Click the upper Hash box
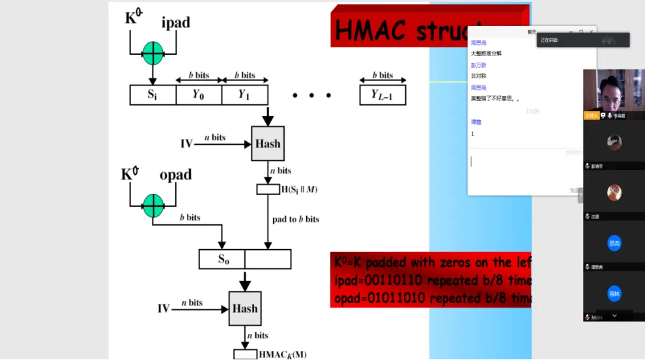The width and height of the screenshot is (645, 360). coord(268,143)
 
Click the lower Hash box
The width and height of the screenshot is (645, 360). coord(245,308)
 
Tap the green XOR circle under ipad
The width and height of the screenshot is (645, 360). coord(152,52)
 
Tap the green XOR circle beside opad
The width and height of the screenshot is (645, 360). coord(153,205)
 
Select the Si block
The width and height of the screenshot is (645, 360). coord(152,95)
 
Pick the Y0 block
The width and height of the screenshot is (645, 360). coord(198,95)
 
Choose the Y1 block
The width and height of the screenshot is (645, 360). coord(244,95)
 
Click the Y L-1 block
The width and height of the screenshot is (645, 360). coord(382,95)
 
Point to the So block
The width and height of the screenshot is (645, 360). coord(222,260)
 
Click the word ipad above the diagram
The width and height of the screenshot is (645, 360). coord(175,23)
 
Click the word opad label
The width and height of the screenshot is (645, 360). coord(176,175)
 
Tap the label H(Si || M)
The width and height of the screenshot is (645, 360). coord(299,190)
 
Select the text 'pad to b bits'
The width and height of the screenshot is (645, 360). coord(296,219)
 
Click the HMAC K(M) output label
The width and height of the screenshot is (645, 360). coord(282,355)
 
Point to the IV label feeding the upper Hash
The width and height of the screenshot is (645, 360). coord(186,143)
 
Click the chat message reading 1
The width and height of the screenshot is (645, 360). coord(472,134)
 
